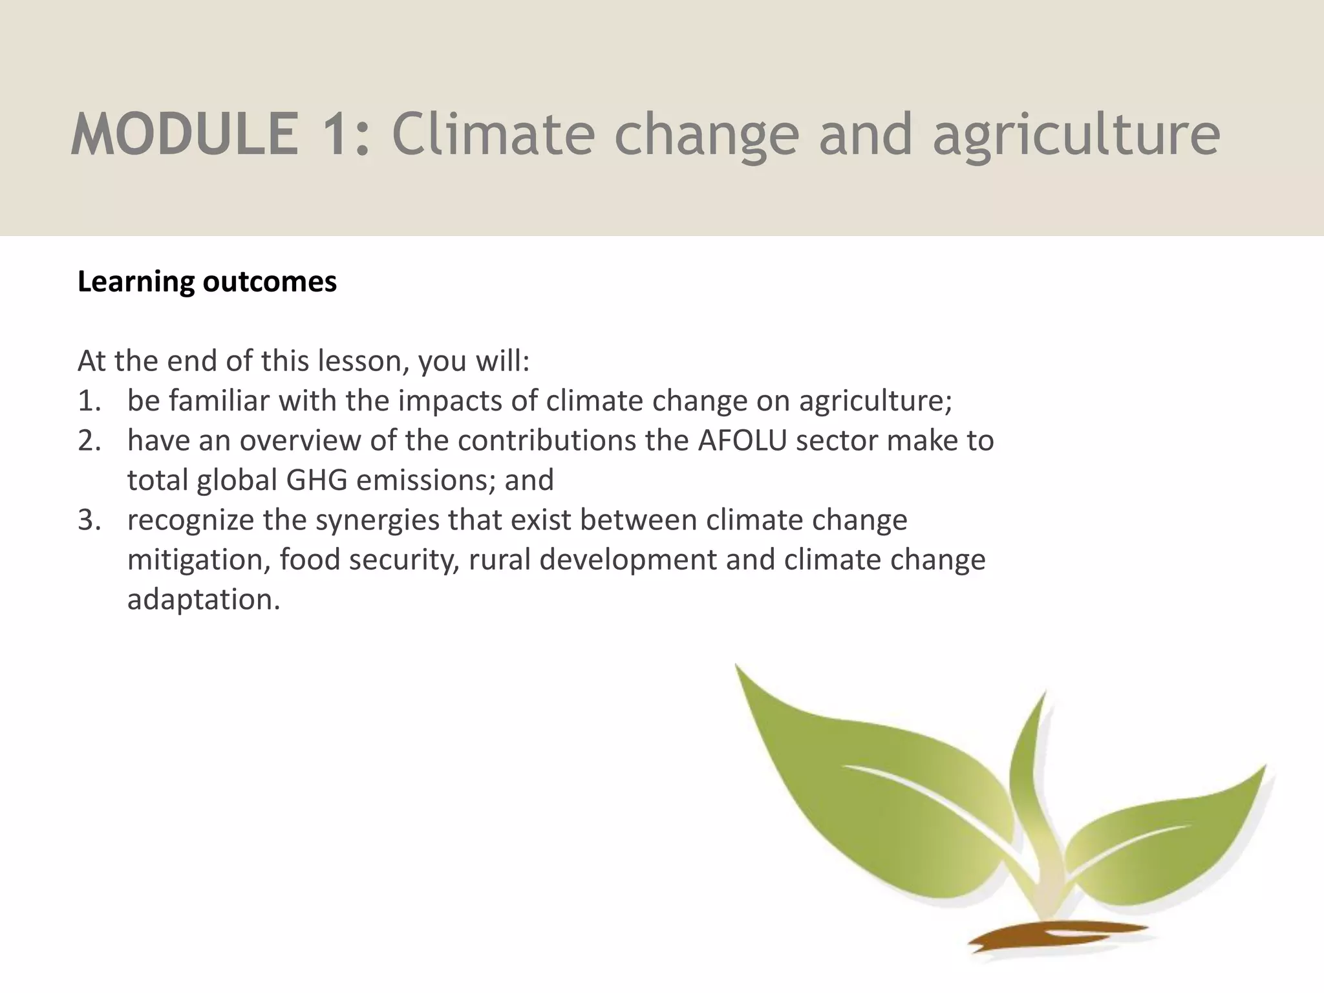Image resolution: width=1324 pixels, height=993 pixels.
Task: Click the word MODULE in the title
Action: click(x=185, y=134)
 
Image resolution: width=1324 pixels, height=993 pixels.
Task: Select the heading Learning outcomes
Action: click(x=207, y=282)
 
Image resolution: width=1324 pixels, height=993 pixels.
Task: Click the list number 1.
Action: click(x=88, y=401)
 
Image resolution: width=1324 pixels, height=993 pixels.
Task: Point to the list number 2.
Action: click(x=89, y=441)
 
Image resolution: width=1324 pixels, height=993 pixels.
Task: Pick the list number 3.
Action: click(x=89, y=520)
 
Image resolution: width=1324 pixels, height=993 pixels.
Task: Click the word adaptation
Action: click(x=203, y=600)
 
